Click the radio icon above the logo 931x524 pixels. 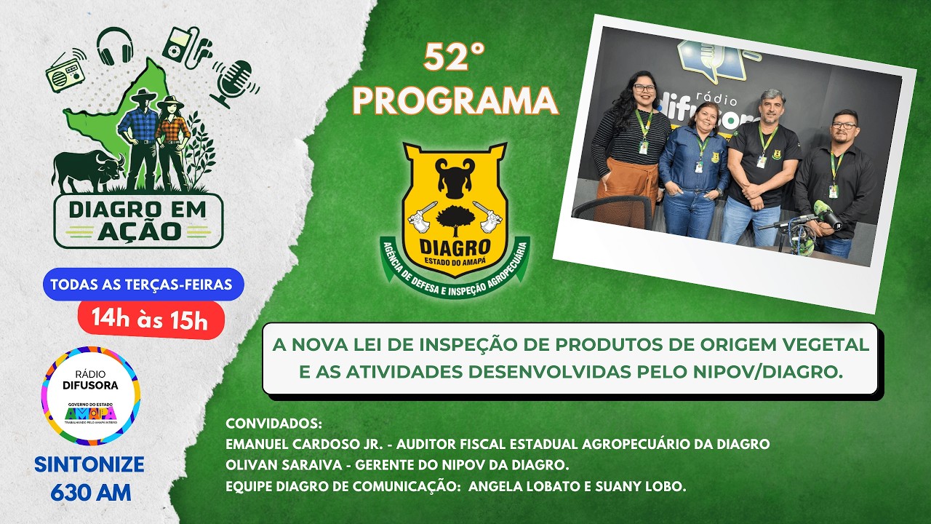[x=65, y=74]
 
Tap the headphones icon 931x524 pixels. [x=115, y=45]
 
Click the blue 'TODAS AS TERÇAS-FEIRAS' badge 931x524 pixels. [x=141, y=285]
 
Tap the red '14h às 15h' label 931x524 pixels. [x=151, y=319]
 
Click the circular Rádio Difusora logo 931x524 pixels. [x=91, y=395]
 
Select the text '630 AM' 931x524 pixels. [x=91, y=492]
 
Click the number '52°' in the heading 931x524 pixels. [x=455, y=59]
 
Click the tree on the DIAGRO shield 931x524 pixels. [x=455, y=216]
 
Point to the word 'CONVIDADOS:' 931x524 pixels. [x=274, y=424]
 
